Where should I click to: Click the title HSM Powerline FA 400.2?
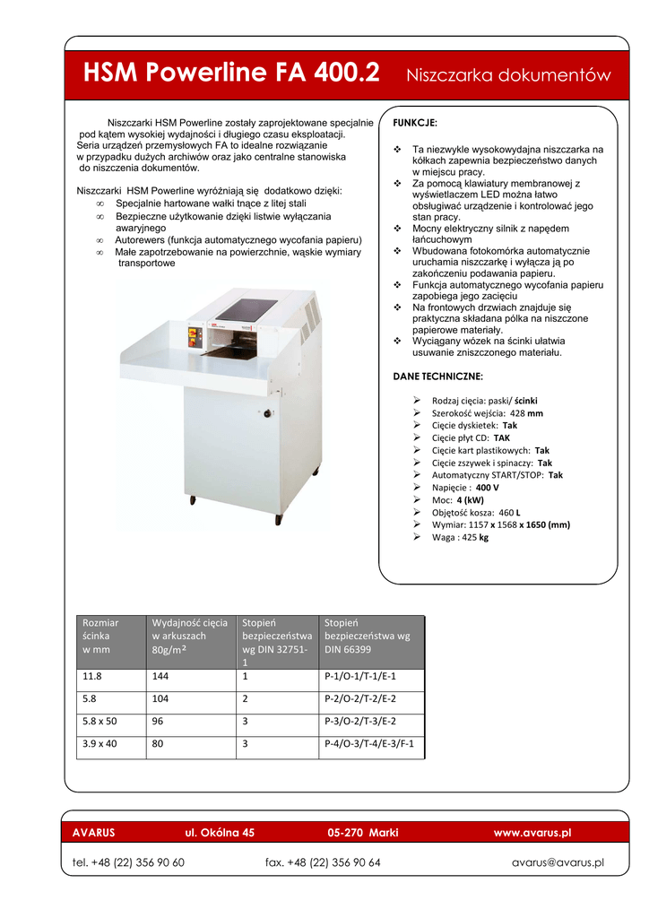click(x=230, y=72)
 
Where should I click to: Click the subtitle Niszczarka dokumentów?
click(x=508, y=74)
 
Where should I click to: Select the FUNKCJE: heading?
click(x=415, y=121)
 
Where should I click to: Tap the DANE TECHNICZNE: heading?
click(x=437, y=376)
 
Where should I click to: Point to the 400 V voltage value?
click(x=488, y=487)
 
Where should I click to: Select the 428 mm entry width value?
click(x=526, y=413)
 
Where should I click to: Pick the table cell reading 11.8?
click(x=91, y=678)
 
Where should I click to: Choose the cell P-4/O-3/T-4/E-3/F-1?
click(x=368, y=744)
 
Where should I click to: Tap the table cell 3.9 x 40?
click(x=100, y=744)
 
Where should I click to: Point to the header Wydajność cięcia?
click(x=190, y=622)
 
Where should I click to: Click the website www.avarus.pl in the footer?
click(x=532, y=833)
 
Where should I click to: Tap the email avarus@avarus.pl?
click(x=558, y=862)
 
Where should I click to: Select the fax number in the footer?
click(x=323, y=862)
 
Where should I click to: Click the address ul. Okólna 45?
click(x=220, y=833)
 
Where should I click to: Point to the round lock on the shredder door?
click(x=266, y=412)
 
